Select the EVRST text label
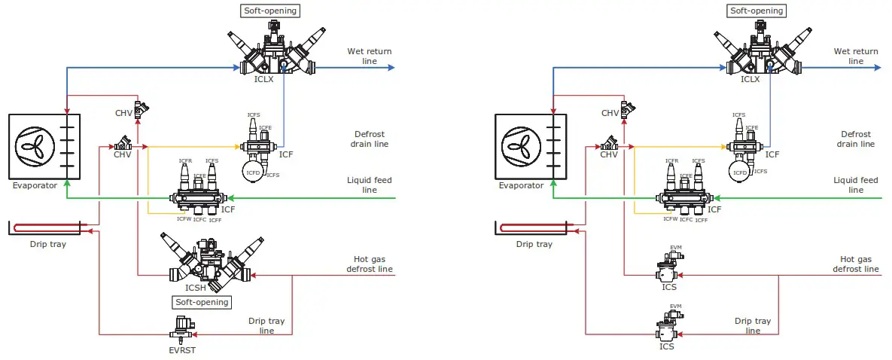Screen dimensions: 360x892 pos(181,349)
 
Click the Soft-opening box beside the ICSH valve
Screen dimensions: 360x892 pos(201,302)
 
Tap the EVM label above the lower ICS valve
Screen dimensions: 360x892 pos(675,306)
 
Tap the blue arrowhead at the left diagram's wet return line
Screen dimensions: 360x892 pos(391,68)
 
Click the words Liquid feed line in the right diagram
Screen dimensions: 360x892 pos(856,185)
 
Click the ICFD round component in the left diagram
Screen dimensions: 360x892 pos(253,172)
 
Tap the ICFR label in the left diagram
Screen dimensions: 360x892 pos(184,161)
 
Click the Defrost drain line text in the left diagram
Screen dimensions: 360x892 pos(370,139)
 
